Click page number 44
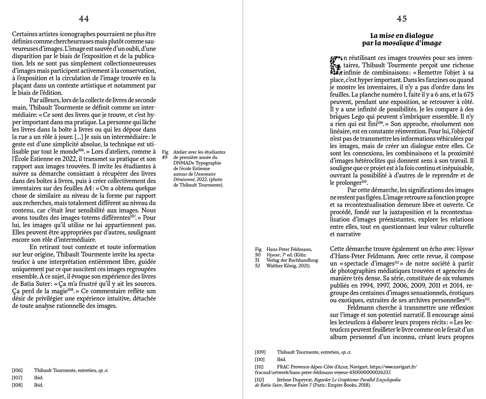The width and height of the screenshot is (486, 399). (84, 19)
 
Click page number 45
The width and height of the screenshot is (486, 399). (402, 19)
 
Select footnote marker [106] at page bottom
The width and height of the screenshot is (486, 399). (17, 370)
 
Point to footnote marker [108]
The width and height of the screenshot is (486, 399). (17, 385)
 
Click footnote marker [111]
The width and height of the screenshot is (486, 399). (260, 367)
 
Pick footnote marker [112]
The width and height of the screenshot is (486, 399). (260, 380)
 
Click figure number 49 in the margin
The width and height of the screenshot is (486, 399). (165, 157)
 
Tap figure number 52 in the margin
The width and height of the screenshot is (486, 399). (257, 266)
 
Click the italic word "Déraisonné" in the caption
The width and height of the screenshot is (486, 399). (185, 180)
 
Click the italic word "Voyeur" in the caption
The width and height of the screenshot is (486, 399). (273, 255)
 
